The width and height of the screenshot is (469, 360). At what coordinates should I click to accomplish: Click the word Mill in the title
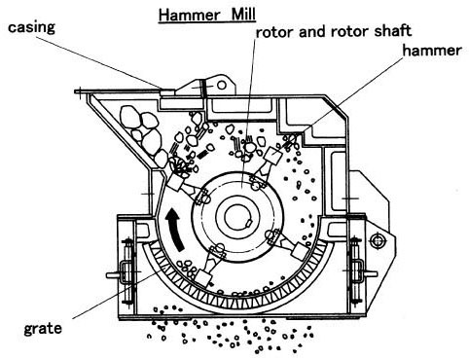pyautogui.click(x=243, y=15)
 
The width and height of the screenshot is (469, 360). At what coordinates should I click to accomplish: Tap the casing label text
pyautogui.click(x=31, y=27)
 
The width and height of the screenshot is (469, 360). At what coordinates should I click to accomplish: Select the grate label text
pyautogui.click(x=43, y=329)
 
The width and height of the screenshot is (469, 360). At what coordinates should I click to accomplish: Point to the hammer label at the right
pyautogui.click(x=432, y=51)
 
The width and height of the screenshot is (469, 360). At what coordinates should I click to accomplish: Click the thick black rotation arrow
pyautogui.click(x=175, y=230)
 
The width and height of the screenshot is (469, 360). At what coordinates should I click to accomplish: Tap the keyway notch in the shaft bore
pyautogui.click(x=248, y=223)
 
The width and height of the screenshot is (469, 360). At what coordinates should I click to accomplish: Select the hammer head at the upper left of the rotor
pyautogui.click(x=175, y=183)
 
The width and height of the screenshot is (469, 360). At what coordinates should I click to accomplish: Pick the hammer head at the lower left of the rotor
pyautogui.click(x=203, y=278)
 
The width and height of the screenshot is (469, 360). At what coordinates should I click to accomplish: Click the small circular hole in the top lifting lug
pyautogui.click(x=222, y=85)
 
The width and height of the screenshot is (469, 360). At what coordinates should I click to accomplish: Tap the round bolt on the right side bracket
pyautogui.click(x=378, y=241)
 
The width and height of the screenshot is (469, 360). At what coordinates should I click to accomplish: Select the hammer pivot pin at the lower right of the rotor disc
pyautogui.click(x=271, y=234)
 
